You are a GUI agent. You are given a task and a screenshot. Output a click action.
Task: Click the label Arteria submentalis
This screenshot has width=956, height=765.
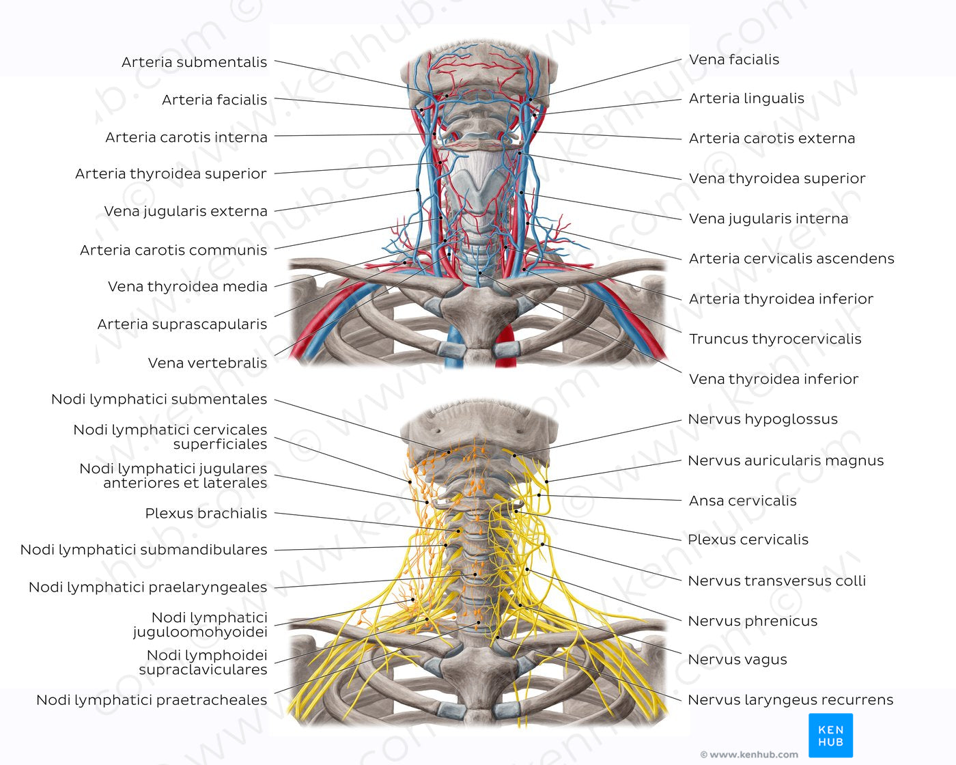click(194, 62)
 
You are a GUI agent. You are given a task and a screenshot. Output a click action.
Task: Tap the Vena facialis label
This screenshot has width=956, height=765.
click(734, 59)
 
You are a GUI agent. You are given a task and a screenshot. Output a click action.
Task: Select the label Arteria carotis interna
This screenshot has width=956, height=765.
click(186, 137)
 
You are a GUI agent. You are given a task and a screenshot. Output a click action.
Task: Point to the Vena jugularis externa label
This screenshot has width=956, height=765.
click(185, 211)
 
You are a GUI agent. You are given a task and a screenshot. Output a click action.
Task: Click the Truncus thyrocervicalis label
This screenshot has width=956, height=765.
click(775, 339)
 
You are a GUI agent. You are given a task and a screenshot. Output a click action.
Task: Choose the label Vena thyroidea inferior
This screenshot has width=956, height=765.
click(773, 379)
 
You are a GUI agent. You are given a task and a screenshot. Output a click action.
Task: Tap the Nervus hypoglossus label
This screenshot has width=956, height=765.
click(762, 419)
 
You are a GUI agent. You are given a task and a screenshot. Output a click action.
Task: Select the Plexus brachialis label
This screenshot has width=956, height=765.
click(206, 514)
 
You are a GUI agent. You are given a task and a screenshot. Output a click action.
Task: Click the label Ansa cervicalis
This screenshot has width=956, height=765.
click(742, 501)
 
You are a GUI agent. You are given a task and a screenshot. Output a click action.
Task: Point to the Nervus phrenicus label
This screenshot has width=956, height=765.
click(752, 621)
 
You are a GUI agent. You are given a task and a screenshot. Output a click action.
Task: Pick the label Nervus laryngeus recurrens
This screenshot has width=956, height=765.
click(790, 699)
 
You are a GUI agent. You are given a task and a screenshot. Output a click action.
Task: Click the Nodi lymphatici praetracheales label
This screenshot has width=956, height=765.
click(152, 700)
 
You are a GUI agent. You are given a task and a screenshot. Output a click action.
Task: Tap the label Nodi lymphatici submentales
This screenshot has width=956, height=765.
click(159, 399)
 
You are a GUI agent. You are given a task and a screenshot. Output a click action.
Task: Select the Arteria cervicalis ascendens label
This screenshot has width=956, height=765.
click(791, 258)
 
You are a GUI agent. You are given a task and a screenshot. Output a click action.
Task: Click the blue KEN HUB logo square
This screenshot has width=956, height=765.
click(830, 735)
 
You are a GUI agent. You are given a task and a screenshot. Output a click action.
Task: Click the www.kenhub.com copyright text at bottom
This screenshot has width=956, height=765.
click(749, 755)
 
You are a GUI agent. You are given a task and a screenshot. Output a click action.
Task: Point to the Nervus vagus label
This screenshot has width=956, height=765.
click(737, 660)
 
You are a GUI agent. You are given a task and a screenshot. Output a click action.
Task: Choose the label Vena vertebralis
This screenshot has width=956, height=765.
click(207, 363)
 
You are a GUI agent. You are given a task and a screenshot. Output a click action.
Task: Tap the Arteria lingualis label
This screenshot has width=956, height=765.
click(746, 98)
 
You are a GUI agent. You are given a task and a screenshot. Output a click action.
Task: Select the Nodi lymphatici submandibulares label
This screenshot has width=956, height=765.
click(143, 550)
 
